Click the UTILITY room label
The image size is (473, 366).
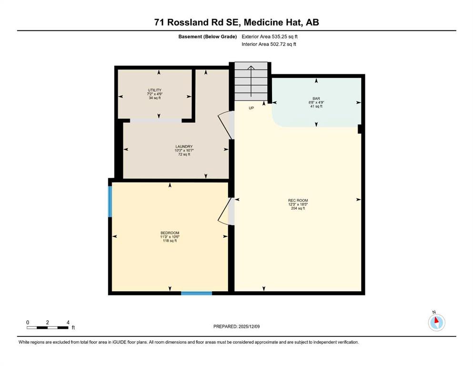coord(154,90)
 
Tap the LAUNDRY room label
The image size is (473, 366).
coord(184,147)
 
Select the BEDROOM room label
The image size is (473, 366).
coord(170,233)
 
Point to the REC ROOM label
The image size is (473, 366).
coord(298,200)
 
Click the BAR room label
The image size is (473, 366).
coord(316,99)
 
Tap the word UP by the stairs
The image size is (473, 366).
coord(252,108)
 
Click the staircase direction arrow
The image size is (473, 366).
coord(251,81)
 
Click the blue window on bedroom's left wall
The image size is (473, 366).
coord(110,202)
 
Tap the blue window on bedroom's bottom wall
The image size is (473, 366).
coord(196,293)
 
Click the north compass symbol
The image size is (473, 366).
coord(436,322)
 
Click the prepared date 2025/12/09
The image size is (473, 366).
coord(249,326)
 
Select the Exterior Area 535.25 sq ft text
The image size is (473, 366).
coord(270,37)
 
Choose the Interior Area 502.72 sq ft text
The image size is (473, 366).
coord(269,44)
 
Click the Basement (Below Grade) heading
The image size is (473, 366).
coord(208,37)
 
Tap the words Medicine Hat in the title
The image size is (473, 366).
coord(273,22)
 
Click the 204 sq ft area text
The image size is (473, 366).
coord(298,208)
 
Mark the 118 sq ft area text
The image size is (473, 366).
coord(170,241)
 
